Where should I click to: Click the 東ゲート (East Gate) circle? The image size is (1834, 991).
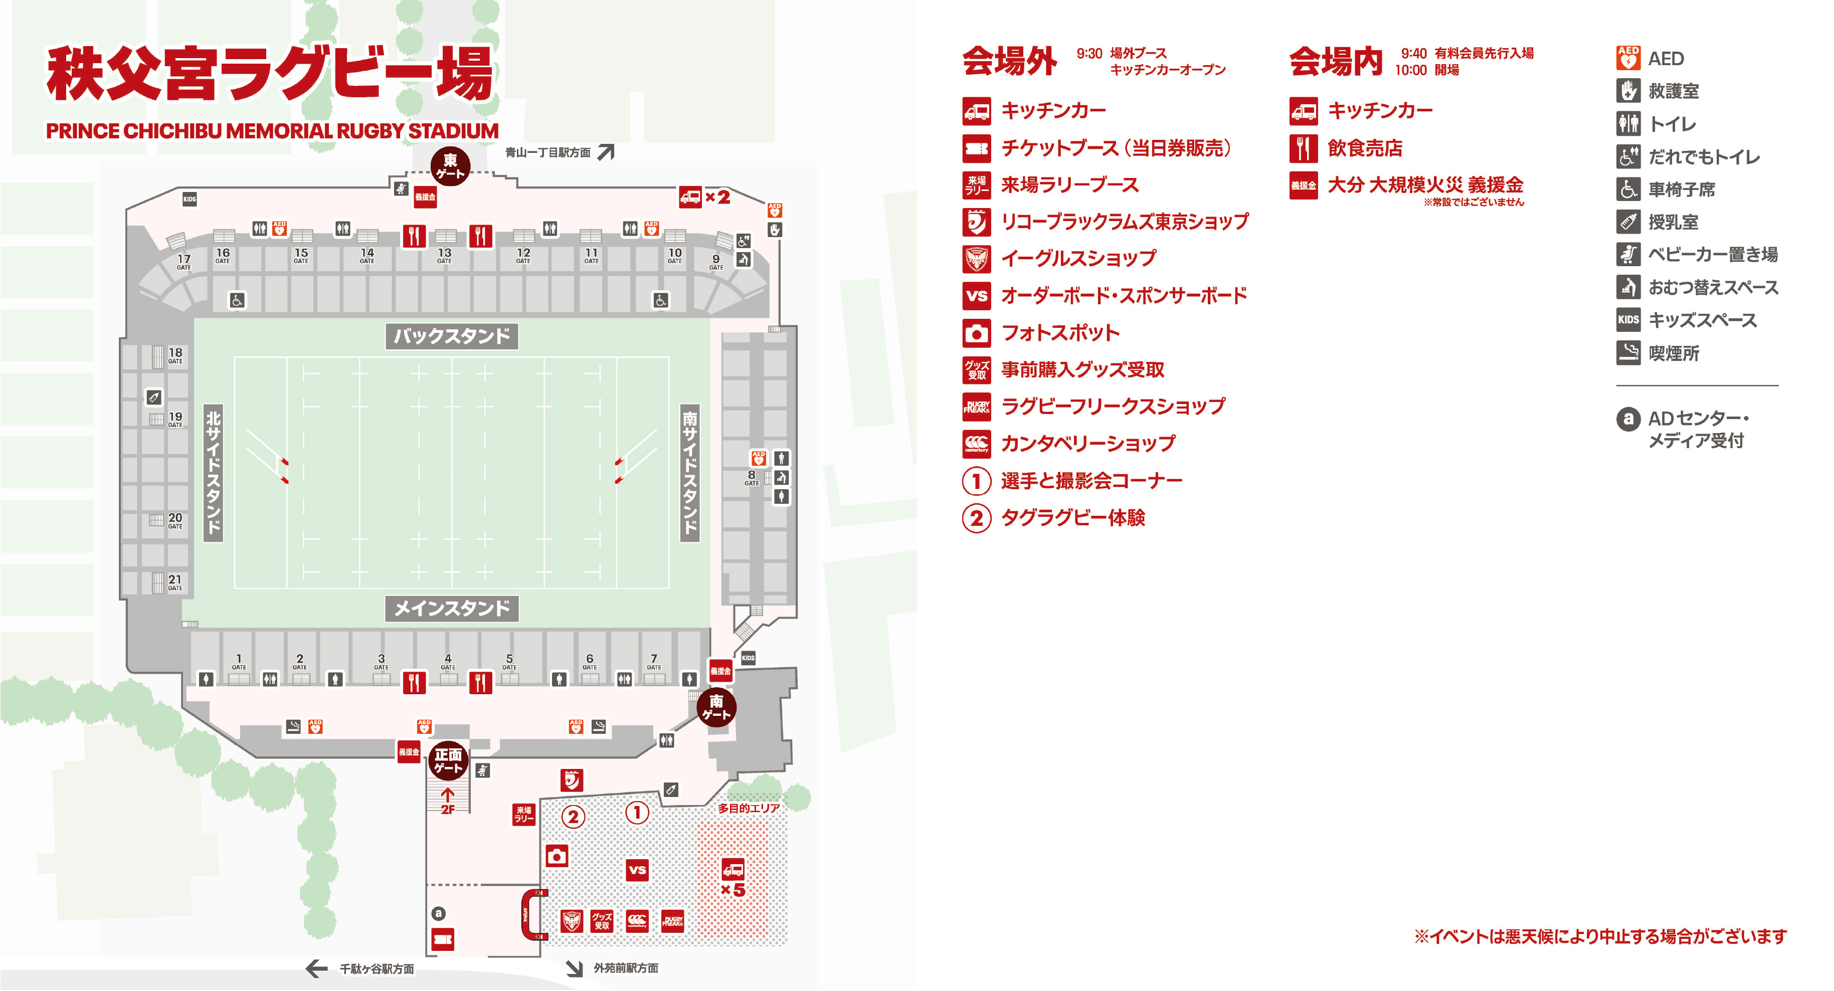point(450,166)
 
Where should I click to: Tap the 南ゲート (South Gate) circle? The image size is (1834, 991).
point(716,707)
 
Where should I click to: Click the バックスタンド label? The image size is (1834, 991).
point(451,336)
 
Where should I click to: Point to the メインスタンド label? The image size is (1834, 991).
point(451,609)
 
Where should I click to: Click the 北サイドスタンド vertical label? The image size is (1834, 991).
point(213,473)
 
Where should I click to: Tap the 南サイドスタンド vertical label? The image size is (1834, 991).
point(689,473)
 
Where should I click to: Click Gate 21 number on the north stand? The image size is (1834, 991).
point(175,580)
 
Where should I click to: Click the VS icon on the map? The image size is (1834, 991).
point(637,869)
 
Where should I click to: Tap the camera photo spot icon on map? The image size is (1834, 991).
point(557,856)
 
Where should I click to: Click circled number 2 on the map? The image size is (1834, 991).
point(573,817)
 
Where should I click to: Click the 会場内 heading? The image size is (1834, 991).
point(1336,61)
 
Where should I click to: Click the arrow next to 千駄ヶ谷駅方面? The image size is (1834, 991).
point(316,968)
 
